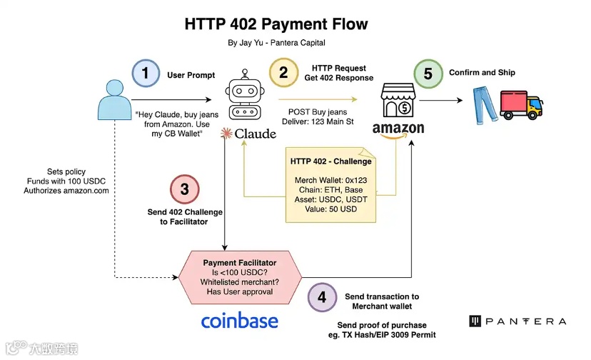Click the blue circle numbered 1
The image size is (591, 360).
(x=146, y=74)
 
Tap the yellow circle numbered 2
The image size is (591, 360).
(x=283, y=72)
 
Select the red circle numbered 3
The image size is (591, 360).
(x=184, y=189)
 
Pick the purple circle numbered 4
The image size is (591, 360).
(x=322, y=297)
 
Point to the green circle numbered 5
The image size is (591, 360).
(x=428, y=74)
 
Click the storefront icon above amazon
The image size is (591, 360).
(x=397, y=101)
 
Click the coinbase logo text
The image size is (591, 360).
(x=239, y=321)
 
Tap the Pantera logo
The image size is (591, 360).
(x=517, y=321)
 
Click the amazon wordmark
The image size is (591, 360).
(x=398, y=129)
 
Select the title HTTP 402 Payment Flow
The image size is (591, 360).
(x=276, y=24)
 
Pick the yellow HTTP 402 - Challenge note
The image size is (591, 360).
(x=330, y=184)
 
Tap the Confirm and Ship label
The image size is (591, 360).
(x=482, y=73)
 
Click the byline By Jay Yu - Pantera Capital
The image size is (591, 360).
(x=276, y=43)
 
